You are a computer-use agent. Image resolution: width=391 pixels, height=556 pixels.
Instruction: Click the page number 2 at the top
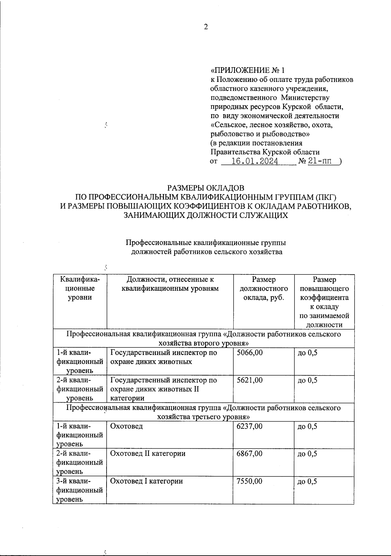coord(206,27)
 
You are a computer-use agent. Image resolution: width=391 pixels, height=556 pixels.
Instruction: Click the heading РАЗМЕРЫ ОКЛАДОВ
coord(206,188)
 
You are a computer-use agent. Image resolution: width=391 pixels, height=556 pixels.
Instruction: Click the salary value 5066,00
coord(250,353)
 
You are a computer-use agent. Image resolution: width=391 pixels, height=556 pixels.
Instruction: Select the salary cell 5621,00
coord(250,380)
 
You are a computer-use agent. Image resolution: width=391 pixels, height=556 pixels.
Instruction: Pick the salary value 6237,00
coord(250,426)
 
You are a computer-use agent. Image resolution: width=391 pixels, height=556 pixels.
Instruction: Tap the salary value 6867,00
coord(250,454)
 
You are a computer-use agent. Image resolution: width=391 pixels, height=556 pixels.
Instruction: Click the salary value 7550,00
coord(250,481)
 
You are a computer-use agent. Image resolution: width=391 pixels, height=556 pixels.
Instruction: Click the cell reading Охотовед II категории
coord(148,454)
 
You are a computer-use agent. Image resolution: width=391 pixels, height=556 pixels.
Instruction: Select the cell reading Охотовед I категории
coord(146,481)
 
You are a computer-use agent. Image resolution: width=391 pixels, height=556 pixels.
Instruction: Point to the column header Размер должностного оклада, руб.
coord(264,288)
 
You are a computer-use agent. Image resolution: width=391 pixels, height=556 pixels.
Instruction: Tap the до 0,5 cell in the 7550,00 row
coord(307,482)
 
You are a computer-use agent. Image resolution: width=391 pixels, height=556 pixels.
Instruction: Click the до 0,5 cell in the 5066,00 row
coord(307,353)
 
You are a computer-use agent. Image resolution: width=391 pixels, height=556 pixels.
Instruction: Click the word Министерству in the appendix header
coord(305,98)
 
